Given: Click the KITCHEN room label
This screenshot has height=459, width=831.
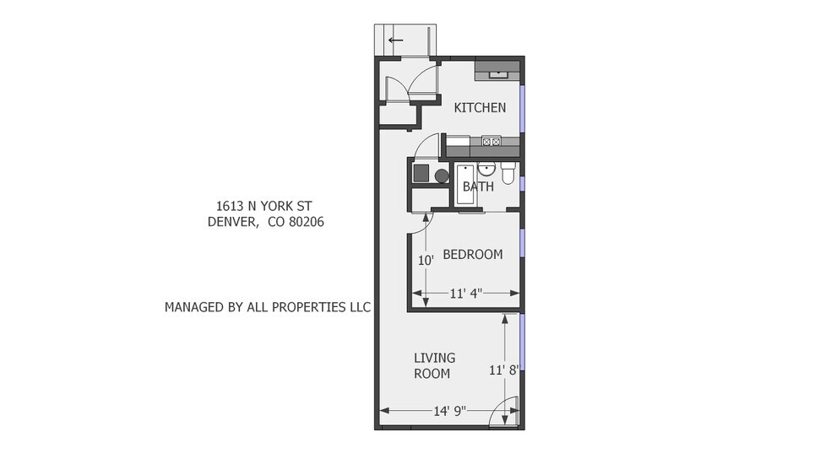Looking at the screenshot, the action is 480,107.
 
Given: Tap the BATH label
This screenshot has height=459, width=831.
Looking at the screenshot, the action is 478,186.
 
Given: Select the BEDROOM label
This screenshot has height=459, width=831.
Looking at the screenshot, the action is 473,254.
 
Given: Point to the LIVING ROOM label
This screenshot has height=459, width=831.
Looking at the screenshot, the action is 434,365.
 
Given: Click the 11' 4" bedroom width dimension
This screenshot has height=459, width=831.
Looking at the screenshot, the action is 466,293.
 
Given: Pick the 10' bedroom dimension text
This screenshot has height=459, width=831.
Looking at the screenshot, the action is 426,261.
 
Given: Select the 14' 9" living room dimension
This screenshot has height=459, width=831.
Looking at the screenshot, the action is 449,411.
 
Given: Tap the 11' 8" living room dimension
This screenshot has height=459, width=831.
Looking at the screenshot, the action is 503,370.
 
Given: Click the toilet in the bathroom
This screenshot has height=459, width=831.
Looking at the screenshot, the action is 508,173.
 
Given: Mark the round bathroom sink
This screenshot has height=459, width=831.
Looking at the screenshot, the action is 486,170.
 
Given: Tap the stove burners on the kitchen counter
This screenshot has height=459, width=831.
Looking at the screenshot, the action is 492,142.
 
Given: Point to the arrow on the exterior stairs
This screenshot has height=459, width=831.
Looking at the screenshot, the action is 395,40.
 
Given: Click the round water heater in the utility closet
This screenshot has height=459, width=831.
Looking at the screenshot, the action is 442,175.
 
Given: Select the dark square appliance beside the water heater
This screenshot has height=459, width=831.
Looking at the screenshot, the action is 421,173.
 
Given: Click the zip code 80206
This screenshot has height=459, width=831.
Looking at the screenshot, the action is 307,221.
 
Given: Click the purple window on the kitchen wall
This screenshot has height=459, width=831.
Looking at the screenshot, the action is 522,109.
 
